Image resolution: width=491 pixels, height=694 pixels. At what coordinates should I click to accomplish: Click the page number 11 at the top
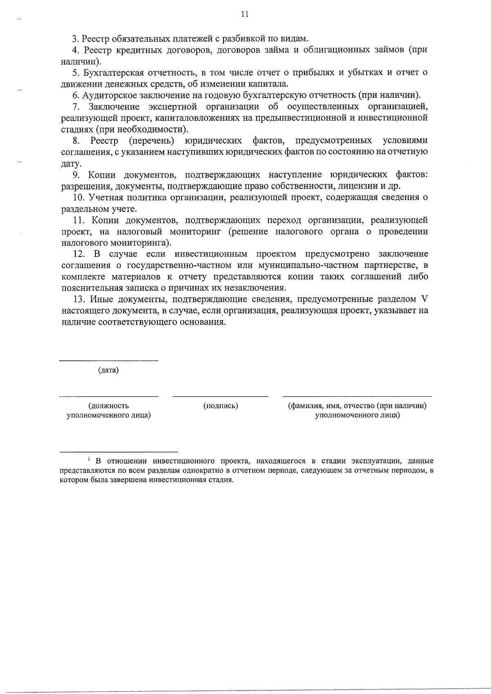click(x=245, y=14)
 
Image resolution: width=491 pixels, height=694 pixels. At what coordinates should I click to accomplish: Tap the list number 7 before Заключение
click(x=75, y=107)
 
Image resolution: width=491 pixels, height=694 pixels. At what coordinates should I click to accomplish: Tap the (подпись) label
click(x=221, y=406)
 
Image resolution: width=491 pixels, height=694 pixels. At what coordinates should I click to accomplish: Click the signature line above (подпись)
click(x=221, y=396)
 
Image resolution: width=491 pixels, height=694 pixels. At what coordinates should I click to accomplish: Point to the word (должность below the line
click(x=108, y=406)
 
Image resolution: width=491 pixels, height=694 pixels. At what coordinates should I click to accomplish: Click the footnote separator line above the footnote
click(x=119, y=452)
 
